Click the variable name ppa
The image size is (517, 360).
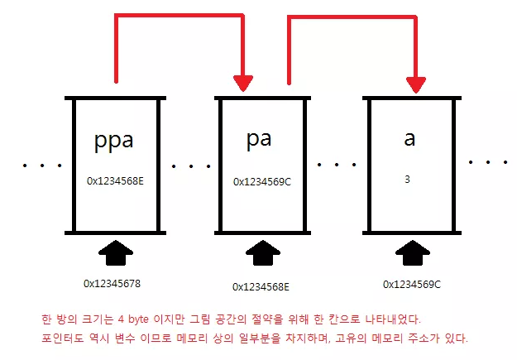[x=114, y=140]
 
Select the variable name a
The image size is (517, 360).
[x=409, y=138]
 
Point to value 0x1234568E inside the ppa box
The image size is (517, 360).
[x=115, y=179]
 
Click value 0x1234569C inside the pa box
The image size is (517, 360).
[x=262, y=180]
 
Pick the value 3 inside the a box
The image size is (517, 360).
[x=407, y=179]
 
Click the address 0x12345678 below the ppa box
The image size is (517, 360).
[x=112, y=283]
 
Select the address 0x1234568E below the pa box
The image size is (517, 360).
[x=261, y=286]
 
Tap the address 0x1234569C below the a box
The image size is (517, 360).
[x=411, y=284]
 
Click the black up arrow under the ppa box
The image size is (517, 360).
[x=116, y=252]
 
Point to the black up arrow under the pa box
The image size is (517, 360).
[x=264, y=253]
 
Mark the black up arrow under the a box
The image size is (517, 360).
[x=412, y=252]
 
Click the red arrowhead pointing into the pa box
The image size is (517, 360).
[x=243, y=83]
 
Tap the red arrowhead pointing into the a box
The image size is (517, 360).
[x=416, y=83]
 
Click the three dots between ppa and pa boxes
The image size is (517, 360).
[x=190, y=166]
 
